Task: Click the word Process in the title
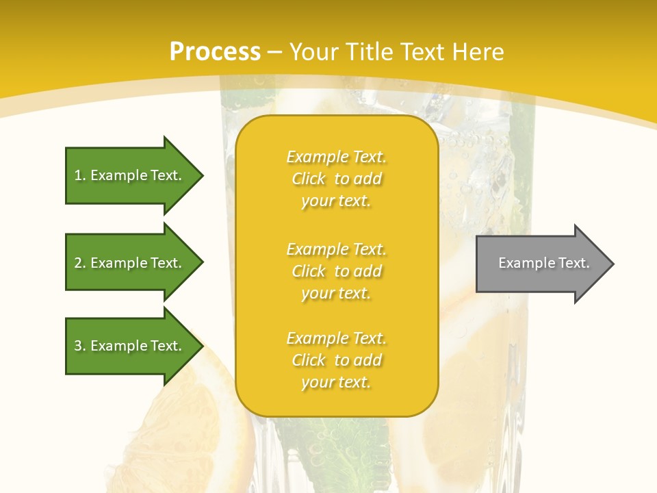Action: point(215,52)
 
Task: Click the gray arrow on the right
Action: point(541,264)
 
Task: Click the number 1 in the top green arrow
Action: point(78,175)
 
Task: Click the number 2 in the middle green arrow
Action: point(78,263)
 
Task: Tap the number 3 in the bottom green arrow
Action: point(78,346)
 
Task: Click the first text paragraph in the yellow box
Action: point(336,179)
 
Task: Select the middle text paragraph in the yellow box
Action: point(336,271)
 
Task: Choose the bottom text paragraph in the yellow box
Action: point(336,360)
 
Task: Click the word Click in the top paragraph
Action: point(308,179)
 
